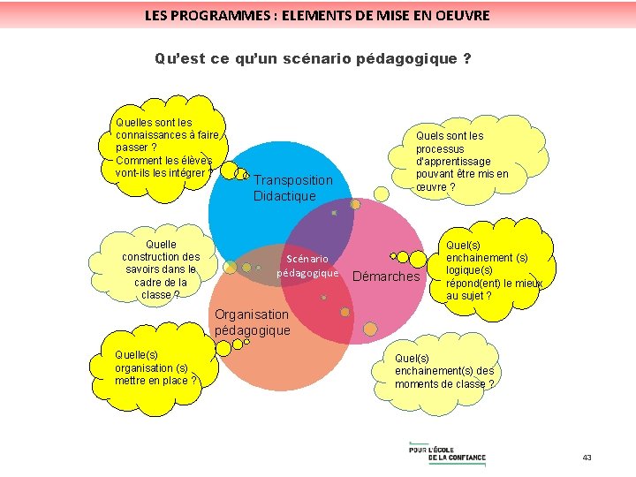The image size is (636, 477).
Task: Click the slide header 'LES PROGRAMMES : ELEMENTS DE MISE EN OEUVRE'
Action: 317,15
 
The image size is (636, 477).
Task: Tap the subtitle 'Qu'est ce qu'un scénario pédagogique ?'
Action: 313,59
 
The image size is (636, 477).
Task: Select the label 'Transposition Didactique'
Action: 292,187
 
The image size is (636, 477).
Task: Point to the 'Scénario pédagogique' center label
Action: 307,266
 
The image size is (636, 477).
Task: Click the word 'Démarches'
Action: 386,276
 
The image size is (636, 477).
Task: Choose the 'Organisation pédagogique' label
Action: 252,322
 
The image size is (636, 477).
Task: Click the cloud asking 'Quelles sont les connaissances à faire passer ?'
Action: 166,148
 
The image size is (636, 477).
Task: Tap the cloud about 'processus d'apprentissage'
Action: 461,162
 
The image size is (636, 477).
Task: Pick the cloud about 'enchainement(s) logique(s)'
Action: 493,263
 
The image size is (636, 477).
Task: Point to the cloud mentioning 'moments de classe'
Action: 444,371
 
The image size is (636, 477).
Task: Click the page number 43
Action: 587,458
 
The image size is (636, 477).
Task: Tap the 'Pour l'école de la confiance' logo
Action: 447,452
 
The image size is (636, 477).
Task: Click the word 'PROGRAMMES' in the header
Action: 216,15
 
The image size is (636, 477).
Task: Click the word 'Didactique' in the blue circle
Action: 284,195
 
